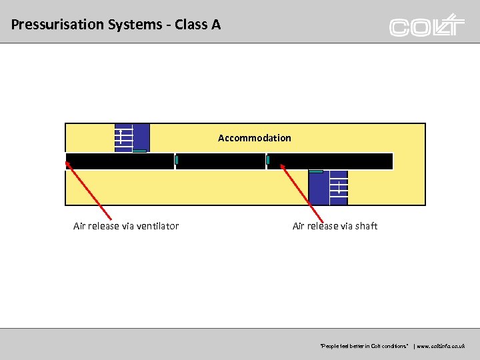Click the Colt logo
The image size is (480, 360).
(427, 25)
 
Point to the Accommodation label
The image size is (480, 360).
(254, 138)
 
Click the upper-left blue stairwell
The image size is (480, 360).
(132, 137)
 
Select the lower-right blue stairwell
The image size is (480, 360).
(328, 188)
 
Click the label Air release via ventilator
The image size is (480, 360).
(126, 226)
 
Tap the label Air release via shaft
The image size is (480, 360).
(335, 226)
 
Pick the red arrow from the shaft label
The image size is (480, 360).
(302, 193)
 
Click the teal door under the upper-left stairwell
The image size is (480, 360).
(139, 151)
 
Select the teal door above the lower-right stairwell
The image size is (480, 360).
(316, 171)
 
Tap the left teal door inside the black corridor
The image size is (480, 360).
(177, 160)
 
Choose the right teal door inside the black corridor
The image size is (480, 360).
(268, 160)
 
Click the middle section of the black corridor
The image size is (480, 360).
(221, 161)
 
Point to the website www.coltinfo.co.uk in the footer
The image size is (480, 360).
(442, 347)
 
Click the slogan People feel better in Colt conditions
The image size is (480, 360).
(364, 347)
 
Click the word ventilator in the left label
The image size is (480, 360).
(158, 226)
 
